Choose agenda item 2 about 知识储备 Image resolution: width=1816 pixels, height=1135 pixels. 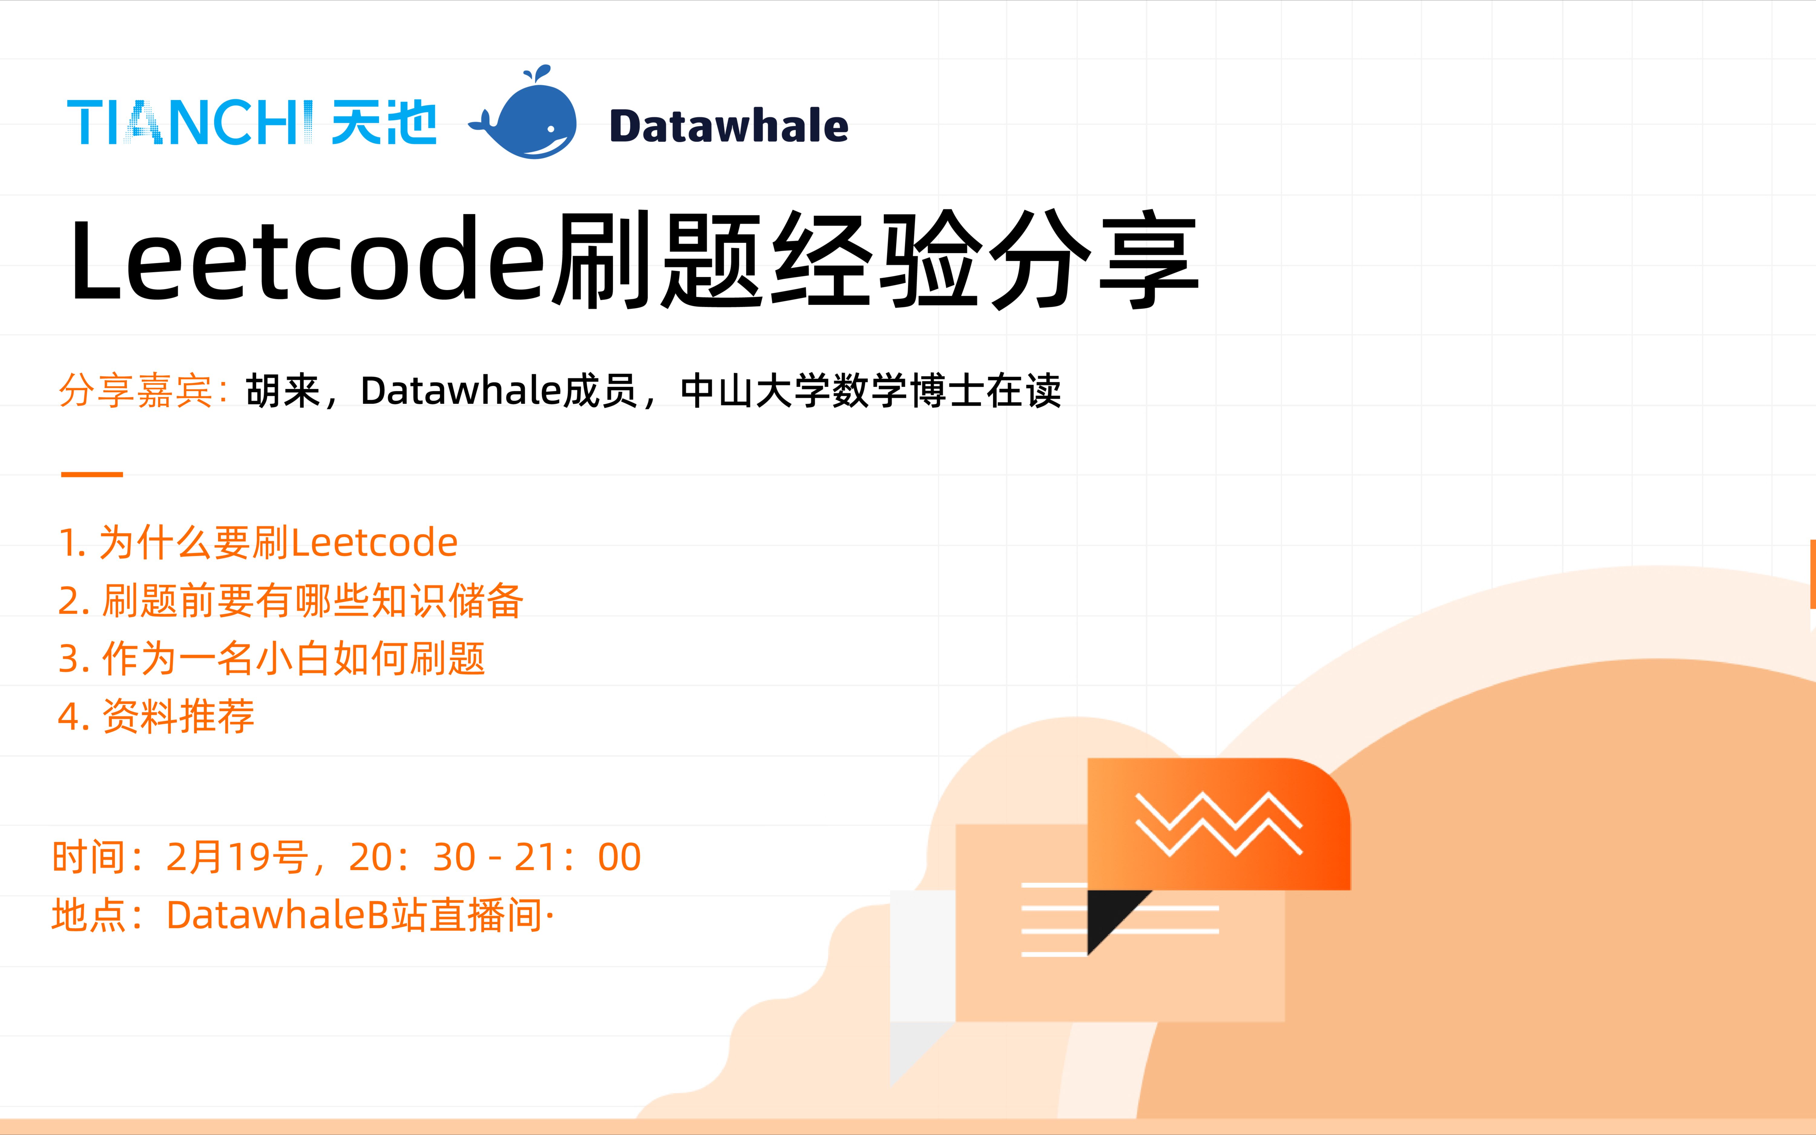pos(291,601)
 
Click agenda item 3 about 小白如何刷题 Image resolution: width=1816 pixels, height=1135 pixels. pos(272,658)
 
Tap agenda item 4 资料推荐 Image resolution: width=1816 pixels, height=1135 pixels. pos(156,716)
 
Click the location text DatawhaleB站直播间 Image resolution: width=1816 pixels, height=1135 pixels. pos(354,915)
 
